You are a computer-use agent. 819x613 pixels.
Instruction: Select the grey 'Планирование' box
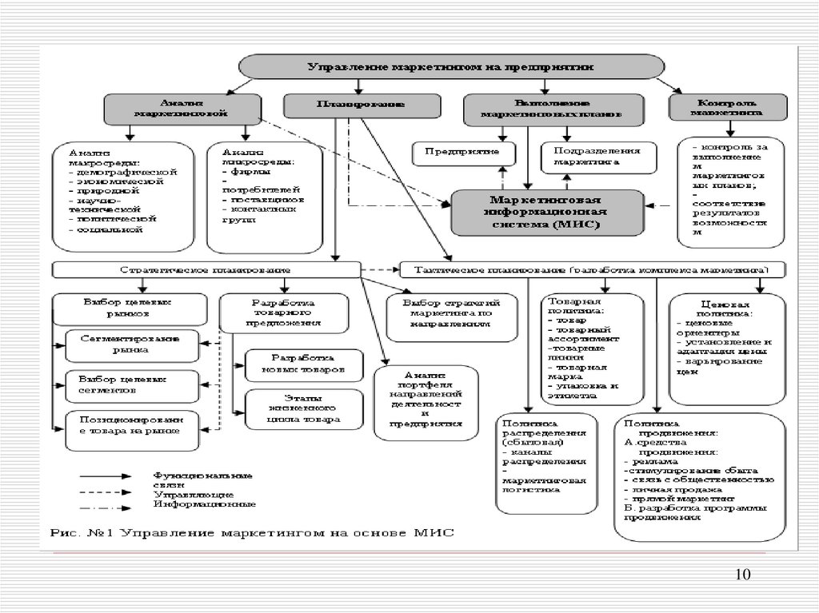(x=360, y=104)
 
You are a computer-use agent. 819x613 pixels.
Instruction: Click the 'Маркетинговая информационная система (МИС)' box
(x=547, y=212)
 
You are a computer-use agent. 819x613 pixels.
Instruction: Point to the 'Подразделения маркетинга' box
(x=597, y=155)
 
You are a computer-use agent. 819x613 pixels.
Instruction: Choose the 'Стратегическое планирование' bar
(x=206, y=269)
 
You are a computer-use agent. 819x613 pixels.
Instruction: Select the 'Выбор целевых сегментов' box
(x=130, y=385)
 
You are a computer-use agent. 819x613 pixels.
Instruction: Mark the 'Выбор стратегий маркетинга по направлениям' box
(x=453, y=314)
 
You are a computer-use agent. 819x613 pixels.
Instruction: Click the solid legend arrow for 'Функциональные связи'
(x=106, y=477)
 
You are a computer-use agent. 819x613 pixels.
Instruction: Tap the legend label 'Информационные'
(x=206, y=505)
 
